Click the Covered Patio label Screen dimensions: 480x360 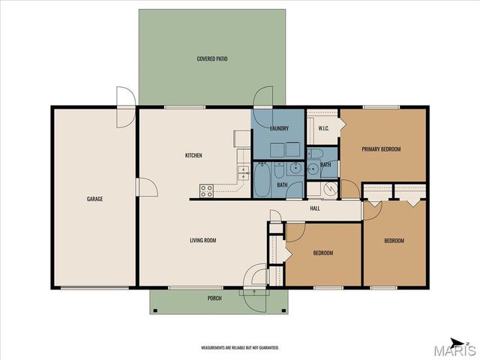[x=212, y=58]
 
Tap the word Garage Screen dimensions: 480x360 [x=95, y=199]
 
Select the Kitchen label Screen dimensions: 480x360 [x=193, y=155]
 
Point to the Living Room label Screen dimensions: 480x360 [x=203, y=240]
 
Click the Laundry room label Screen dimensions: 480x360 [x=279, y=128]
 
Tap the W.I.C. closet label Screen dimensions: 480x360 [x=323, y=128]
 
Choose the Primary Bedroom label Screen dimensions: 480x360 [x=381, y=149]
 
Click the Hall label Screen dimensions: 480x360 [x=315, y=208]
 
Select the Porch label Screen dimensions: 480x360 [x=214, y=298]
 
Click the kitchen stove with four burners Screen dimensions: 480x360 [x=206, y=191]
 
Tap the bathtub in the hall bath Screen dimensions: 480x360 [x=262, y=179]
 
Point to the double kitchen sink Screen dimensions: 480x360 [x=244, y=173]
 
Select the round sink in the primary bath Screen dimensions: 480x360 [x=313, y=168]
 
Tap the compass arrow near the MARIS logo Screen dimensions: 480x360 [x=458, y=343]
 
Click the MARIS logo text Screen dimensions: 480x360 [x=455, y=351]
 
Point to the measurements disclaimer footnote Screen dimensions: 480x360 [x=240, y=348]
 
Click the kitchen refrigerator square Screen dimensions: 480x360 [x=242, y=139]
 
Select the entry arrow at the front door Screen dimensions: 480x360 [x=254, y=292]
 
